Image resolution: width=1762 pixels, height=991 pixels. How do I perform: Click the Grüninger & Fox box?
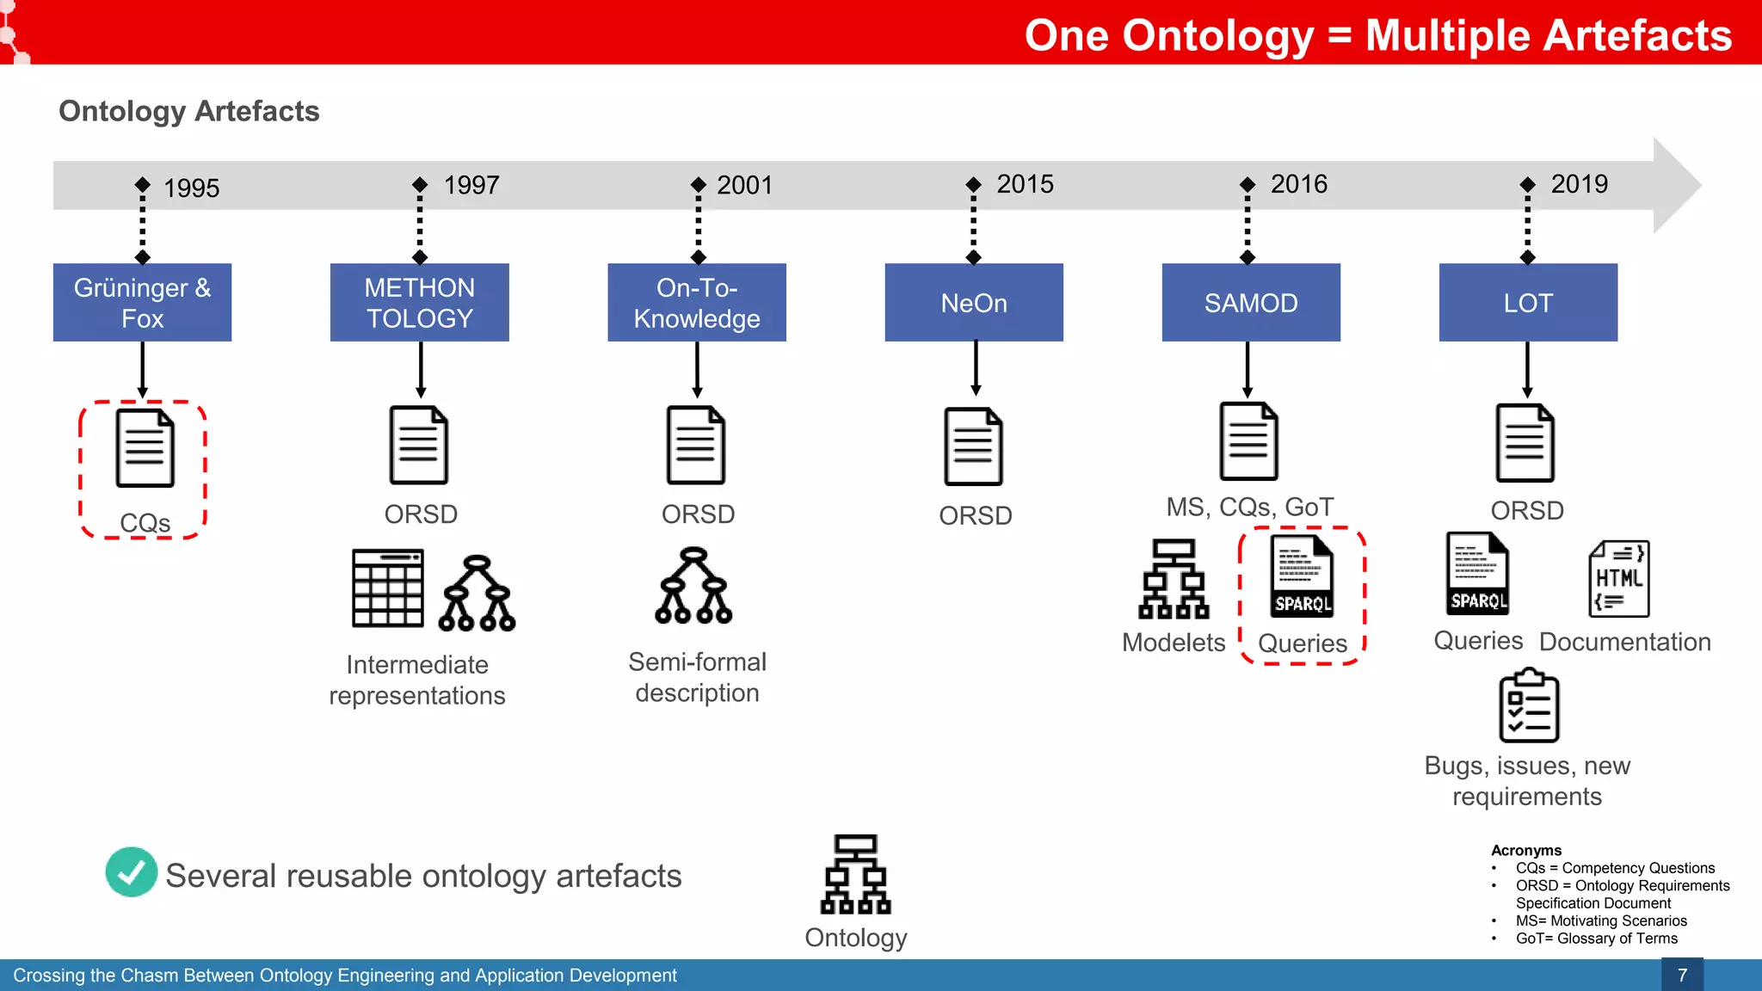142,303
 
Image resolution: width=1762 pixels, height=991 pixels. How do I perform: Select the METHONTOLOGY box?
419,303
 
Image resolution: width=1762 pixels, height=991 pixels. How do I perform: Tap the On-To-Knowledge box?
697,303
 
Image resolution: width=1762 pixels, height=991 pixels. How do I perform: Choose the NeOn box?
974,303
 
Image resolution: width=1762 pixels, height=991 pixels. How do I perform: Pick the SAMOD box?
1251,303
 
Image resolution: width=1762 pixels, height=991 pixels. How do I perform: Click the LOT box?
1528,303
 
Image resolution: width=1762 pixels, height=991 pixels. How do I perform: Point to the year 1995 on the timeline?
191,188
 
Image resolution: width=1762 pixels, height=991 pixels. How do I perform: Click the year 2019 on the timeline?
1579,184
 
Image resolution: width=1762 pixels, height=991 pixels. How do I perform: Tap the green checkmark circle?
132,872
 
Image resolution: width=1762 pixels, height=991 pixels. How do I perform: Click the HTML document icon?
1618,579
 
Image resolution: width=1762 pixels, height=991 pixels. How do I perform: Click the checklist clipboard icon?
1529,706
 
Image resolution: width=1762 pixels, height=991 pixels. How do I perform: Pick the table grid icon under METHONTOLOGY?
388,588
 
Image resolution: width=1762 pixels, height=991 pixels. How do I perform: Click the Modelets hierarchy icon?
1174,580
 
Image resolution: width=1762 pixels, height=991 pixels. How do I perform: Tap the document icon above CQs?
145,448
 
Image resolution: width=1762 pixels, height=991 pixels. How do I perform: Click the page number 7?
1682,975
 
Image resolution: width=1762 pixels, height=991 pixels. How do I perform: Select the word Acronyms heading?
1525,850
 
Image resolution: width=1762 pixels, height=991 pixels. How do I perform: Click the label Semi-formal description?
697,677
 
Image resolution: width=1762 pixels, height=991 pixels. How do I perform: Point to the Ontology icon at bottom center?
855,874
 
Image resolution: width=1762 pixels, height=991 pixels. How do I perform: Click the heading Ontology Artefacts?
189,111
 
